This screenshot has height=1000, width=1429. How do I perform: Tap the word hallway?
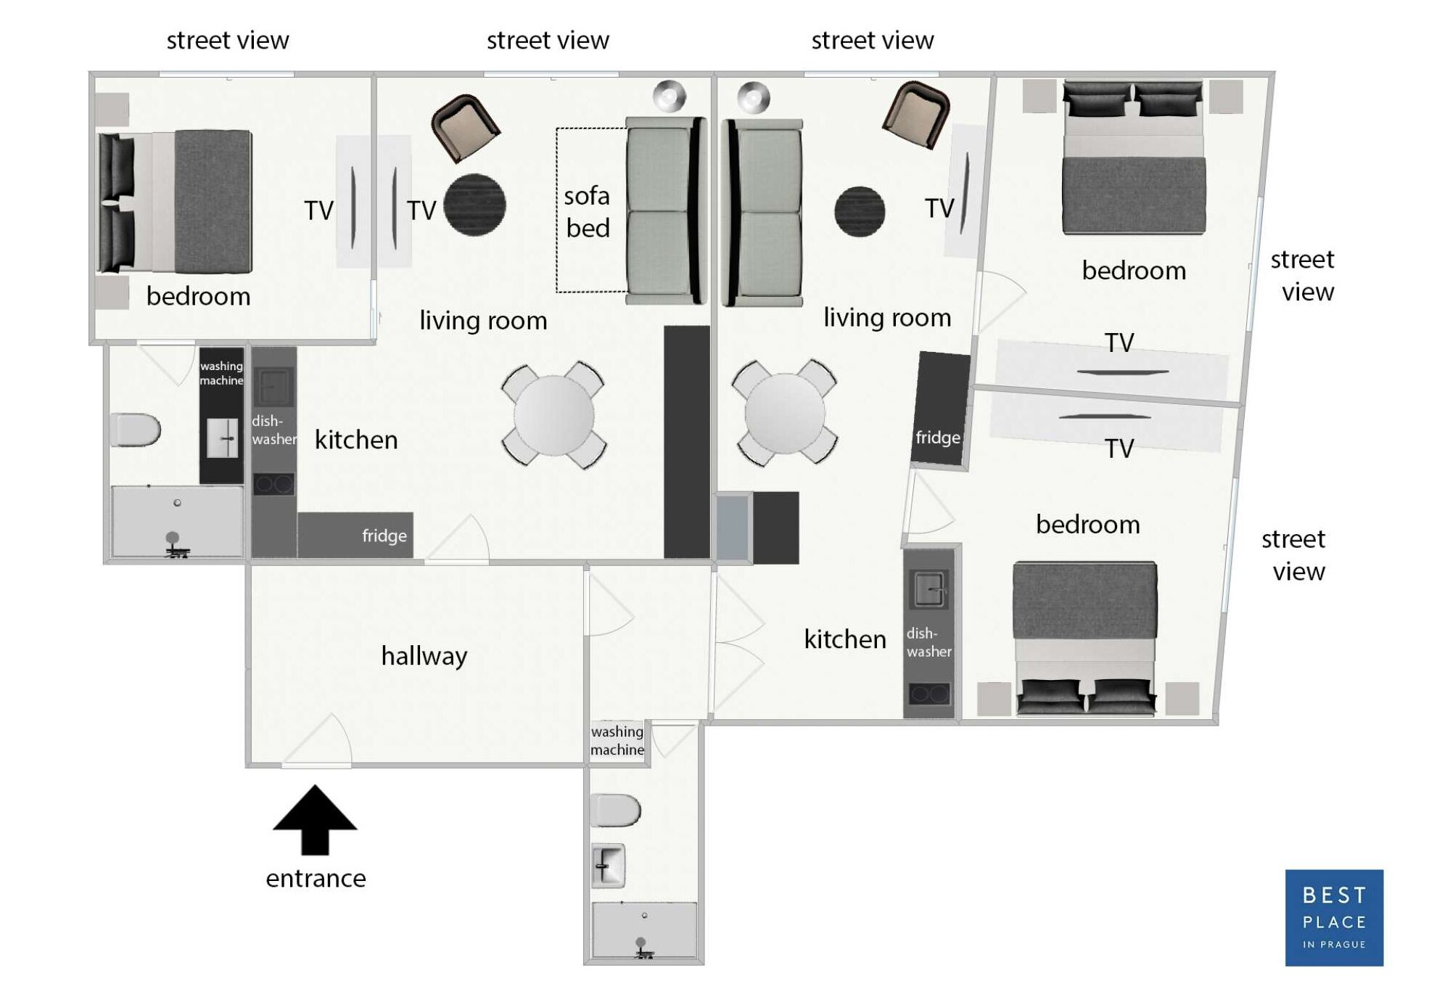[424, 656]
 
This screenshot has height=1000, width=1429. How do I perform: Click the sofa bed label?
[587, 212]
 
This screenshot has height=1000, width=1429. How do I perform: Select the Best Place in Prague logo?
[1333, 917]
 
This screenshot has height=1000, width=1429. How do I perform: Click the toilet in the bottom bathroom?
[615, 810]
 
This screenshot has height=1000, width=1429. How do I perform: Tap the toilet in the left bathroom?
[136, 430]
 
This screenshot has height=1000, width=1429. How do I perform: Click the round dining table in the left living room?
[553, 415]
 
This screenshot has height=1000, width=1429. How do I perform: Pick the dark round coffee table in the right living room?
[860, 211]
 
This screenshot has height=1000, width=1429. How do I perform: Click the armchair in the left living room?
[465, 128]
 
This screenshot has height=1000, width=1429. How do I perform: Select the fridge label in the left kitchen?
[384, 536]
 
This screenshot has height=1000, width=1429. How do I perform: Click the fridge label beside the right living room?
[937, 438]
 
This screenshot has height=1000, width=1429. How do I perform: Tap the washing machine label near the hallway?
[617, 740]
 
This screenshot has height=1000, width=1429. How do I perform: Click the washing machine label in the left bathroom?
[221, 373]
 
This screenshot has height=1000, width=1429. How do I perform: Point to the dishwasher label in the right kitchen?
[928, 642]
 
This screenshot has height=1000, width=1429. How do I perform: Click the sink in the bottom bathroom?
[608, 865]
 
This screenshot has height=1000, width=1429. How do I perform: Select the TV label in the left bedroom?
[318, 210]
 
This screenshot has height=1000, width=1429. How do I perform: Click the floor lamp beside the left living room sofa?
[669, 96]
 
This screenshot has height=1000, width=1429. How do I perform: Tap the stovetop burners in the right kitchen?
[928, 694]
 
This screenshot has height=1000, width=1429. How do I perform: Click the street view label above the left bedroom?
[228, 40]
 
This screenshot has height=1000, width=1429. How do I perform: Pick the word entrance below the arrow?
[316, 879]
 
